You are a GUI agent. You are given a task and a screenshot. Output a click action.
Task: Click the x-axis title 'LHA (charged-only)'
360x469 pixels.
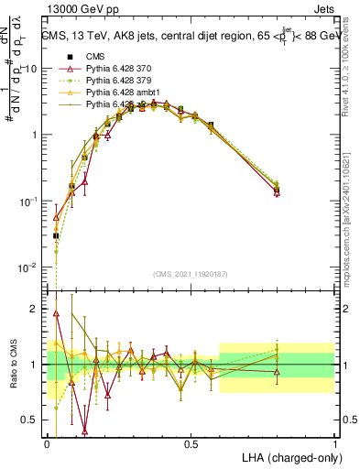(286, 458)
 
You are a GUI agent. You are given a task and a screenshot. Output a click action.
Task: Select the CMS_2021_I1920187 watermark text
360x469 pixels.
(191, 272)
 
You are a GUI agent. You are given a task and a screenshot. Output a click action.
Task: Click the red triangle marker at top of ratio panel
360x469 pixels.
(57, 313)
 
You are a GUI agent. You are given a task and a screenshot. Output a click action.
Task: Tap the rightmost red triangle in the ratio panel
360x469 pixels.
(277, 372)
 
